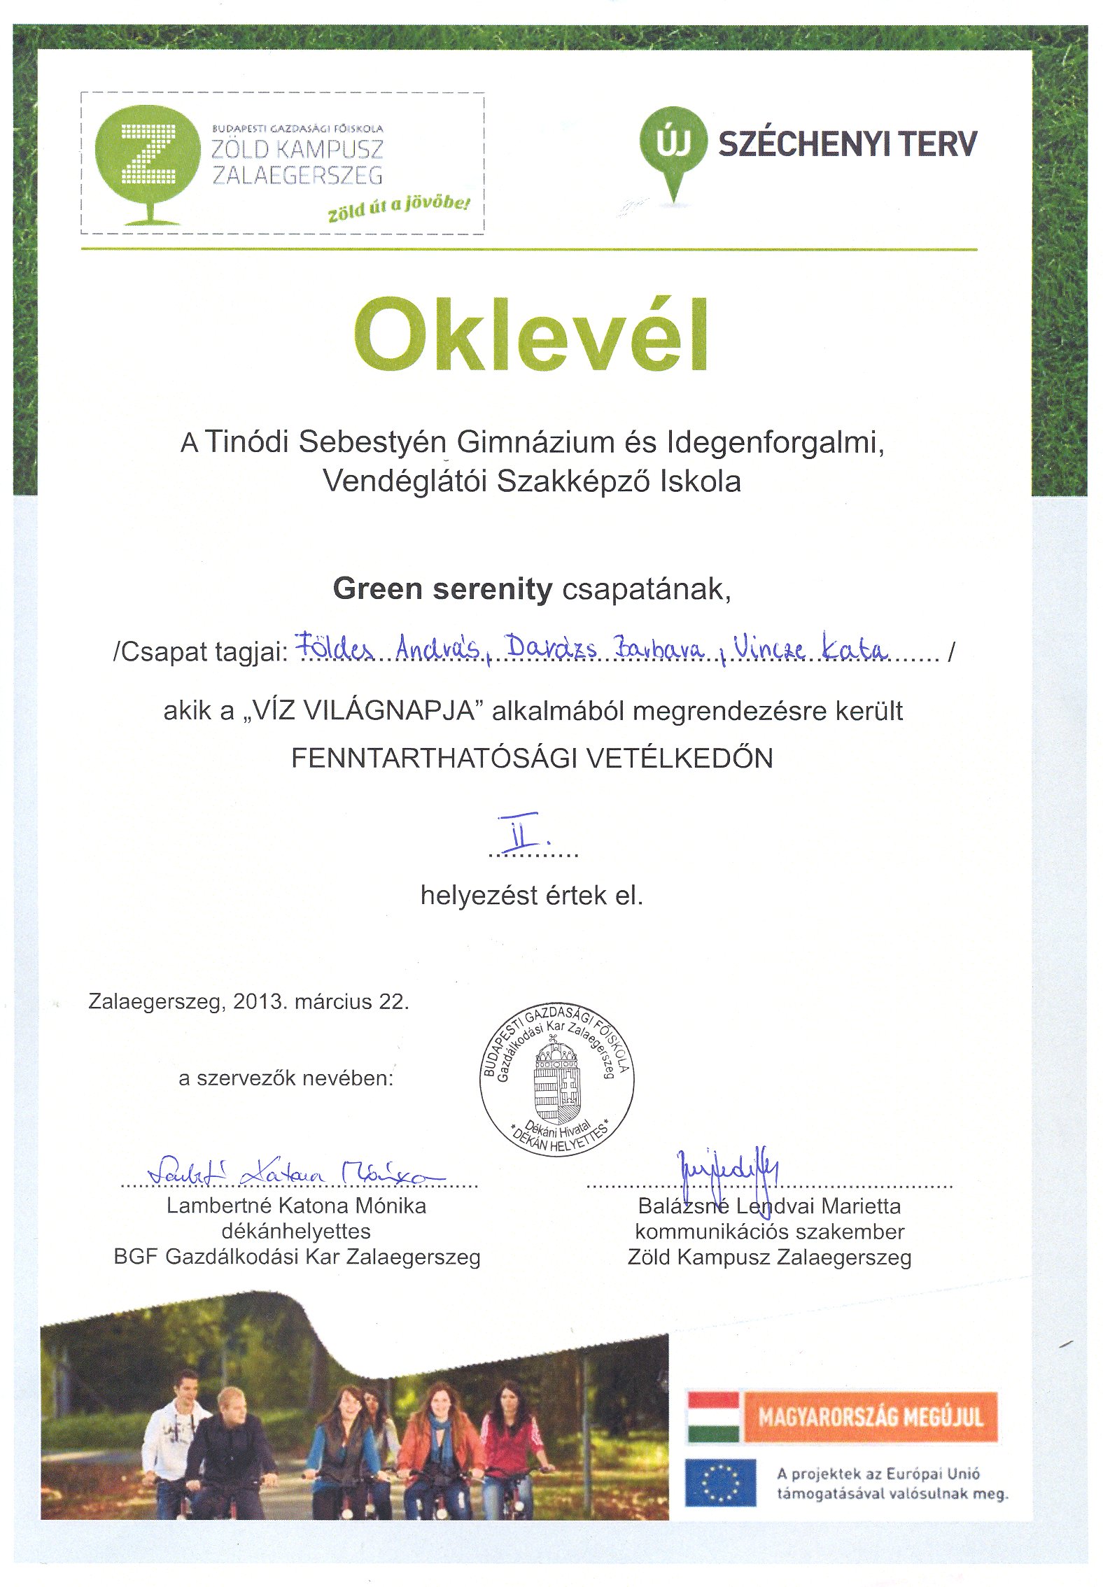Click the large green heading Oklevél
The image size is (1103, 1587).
(x=532, y=335)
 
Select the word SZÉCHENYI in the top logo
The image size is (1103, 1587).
(x=804, y=144)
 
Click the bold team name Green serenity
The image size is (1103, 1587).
(x=442, y=589)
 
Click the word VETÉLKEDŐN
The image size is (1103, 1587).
(x=679, y=759)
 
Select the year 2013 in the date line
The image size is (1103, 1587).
(x=260, y=1001)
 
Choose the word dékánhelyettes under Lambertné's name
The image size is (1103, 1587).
(x=296, y=1231)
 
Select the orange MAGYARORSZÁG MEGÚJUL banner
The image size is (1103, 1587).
(x=870, y=1417)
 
